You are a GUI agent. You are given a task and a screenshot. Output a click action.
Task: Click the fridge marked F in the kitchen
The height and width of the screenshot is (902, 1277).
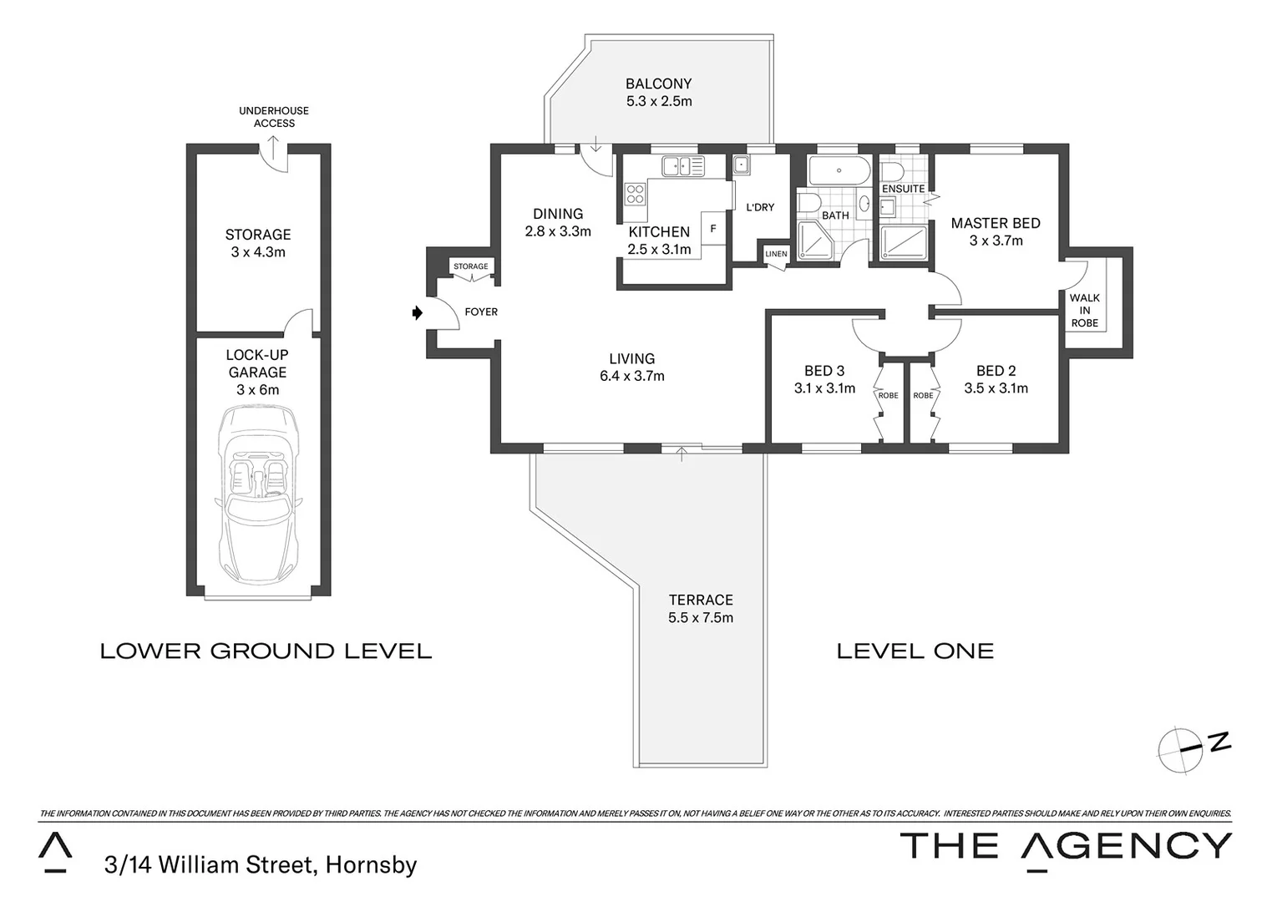[x=712, y=228]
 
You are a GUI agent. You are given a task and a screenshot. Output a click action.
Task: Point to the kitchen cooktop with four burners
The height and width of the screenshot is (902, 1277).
[x=636, y=195]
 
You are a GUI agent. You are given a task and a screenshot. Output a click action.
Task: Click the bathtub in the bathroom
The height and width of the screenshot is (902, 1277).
[x=839, y=172]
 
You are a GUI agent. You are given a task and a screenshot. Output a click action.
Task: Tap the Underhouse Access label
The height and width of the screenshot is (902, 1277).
[x=274, y=117]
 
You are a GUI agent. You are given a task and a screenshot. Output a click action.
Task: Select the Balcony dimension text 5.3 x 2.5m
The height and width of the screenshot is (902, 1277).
[x=659, y=102]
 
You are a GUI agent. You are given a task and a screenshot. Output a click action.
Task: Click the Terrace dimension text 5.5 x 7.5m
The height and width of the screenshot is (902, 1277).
[x=700, y=618]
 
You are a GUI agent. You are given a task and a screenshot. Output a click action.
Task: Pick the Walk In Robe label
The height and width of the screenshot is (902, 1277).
[x=1084, y=310]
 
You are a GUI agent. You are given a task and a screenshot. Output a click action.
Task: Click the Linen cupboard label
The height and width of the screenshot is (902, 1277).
[x=775, y=254]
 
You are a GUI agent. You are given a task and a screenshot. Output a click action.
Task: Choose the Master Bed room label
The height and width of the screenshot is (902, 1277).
[x=996, y=223]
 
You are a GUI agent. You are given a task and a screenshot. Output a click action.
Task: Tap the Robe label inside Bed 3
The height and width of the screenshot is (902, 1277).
[x=889, y=396]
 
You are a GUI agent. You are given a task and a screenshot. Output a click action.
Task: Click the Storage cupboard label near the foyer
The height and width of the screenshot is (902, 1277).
[x=470, y=266]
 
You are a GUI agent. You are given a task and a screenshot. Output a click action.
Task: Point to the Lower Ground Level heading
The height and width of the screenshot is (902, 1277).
[x=266, y=651]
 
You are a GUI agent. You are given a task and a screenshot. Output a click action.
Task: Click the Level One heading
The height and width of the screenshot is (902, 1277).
[x=915, y=651]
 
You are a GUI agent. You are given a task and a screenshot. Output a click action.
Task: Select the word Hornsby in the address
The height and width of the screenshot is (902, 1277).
[x=371, y=865]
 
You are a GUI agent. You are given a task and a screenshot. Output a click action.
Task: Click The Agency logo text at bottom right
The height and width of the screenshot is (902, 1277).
[x=1065, y=846]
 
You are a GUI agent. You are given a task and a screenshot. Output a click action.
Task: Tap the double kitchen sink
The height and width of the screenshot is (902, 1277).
[x=682, y=165]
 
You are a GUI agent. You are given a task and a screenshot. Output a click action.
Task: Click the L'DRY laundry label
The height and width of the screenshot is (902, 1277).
[x=760, y=207]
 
